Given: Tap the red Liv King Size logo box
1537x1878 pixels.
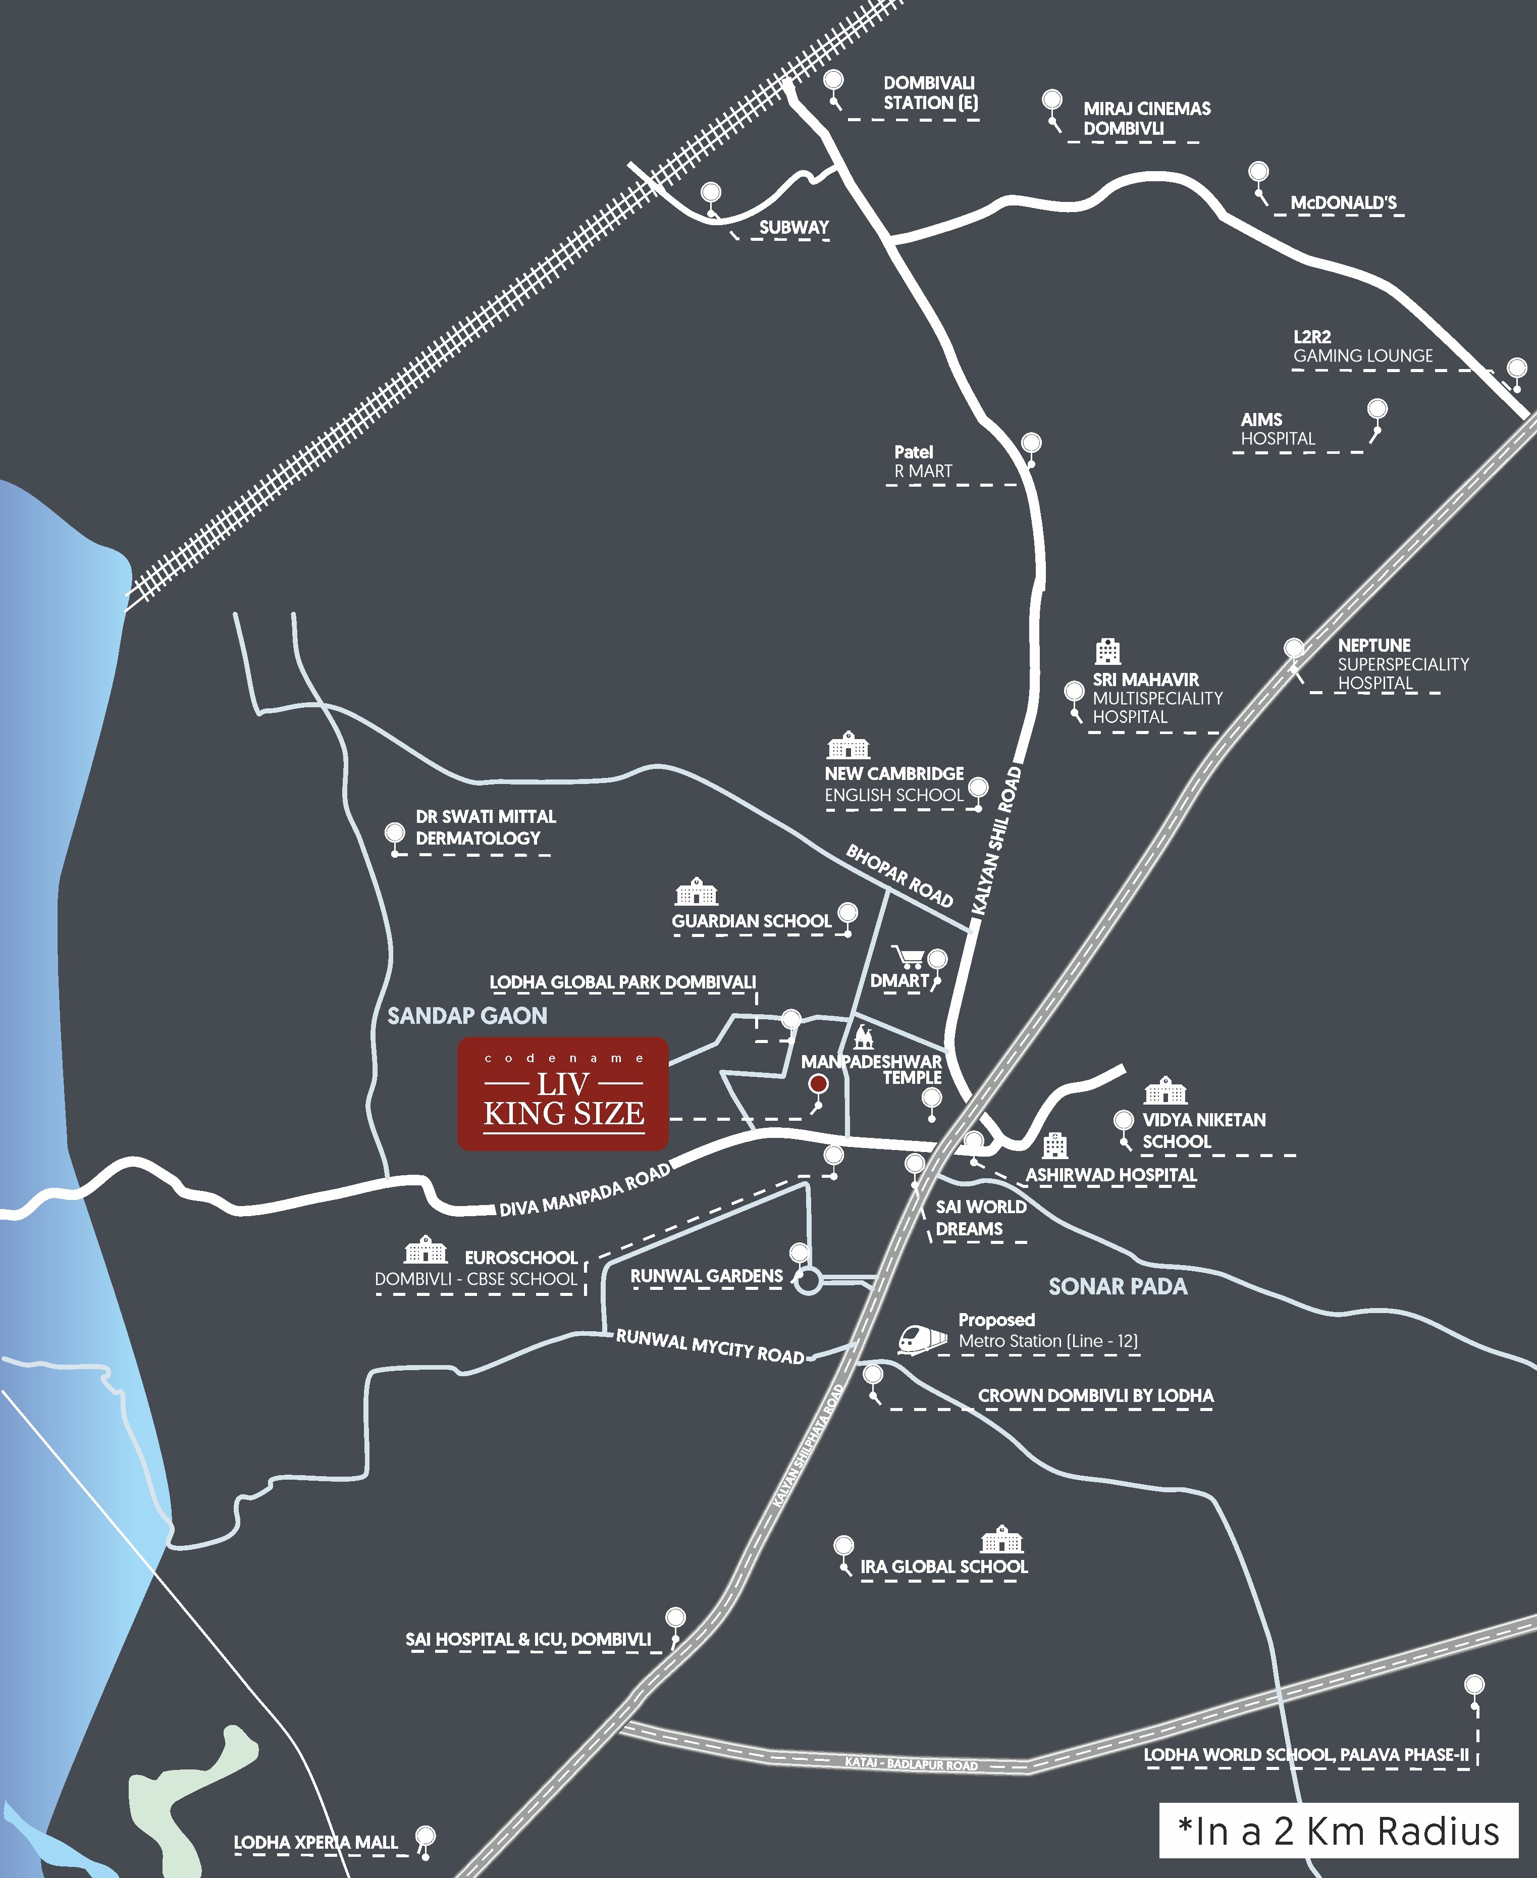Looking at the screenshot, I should tap(563, 1093).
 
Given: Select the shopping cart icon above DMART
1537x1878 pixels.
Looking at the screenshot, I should tap(909, 956).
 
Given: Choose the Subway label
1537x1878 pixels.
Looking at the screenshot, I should tap(793, 228).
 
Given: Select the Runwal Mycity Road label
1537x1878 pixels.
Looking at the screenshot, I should tap(710, 1346).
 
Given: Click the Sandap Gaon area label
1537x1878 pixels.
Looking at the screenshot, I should tap(467, 1016).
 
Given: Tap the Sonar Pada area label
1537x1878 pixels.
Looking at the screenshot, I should tap(1118, 1286).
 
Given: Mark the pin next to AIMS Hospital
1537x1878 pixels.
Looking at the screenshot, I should tap(1377, 410).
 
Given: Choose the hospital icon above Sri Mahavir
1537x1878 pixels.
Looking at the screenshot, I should tap(1107, 652).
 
